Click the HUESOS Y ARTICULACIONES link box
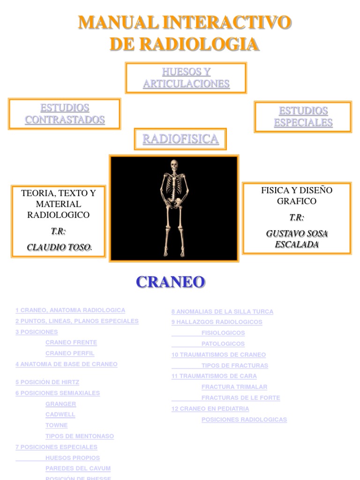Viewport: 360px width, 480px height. pos(186,78)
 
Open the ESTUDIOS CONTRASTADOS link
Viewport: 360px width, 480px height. pos(65,114)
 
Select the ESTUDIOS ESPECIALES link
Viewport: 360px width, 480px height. pos(303,117)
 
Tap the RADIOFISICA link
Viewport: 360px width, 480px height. pos(180,139)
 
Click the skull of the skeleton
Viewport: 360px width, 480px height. pos(174,165)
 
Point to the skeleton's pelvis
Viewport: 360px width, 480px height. pos(173,202)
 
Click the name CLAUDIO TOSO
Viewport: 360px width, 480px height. pos(58,247)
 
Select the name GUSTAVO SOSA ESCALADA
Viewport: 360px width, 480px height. pos(296,239)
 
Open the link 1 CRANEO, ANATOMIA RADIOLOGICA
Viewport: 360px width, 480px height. pos(70,310)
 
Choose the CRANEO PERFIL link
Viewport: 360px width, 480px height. pos(70,353)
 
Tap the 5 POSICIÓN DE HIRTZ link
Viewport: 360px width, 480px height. pos(47,382)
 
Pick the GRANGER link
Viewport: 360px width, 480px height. pos(60,404)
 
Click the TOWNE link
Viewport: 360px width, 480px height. pos(56,426)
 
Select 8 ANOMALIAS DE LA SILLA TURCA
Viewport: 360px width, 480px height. pos(222,312)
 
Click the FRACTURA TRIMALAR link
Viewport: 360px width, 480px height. pos(234,387)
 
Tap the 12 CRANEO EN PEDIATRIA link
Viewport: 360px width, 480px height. pos(210,409)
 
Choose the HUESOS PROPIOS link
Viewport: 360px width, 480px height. pos(73,458)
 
